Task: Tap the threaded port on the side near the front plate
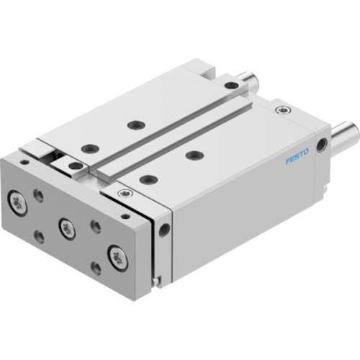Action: pos(166,230)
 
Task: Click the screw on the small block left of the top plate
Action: pos(74,166)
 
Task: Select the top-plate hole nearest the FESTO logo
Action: pos(192,154)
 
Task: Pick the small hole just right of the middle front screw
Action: pos(94,225)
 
